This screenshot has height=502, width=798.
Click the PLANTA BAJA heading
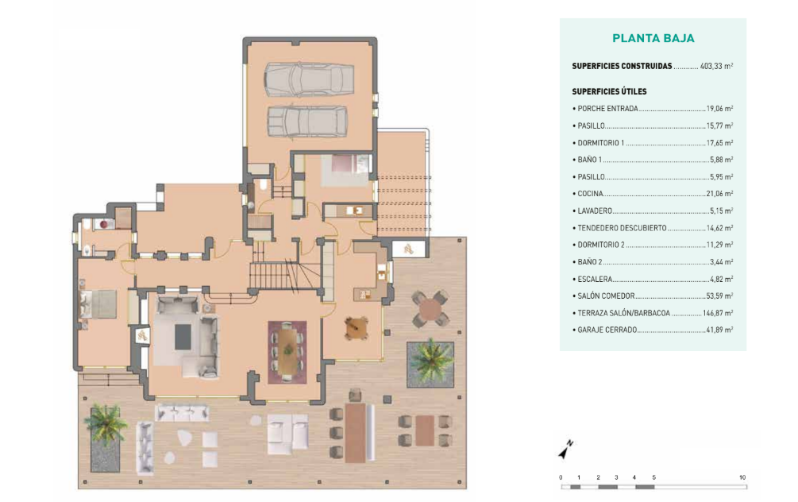click(x=653, y=38)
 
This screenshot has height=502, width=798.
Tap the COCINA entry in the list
click(x=590, y=194)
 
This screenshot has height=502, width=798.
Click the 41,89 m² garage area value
click(x=719, y=330)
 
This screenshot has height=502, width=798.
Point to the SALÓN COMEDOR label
click(x=606, y=295)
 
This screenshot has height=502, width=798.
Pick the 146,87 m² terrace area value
click(x=718, y=313)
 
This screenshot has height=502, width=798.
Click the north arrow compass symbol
click(x=565, y=450)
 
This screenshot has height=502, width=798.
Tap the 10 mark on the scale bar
click(x=742, y=477)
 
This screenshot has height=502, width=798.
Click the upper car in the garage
click(x=309, y=79)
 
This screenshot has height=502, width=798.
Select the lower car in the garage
click(x=307, y=122)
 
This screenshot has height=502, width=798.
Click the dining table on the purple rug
click(x=287, y=351)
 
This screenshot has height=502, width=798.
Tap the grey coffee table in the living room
click(x=183, y=337)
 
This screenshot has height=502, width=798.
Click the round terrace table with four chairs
click(x=430, y=309)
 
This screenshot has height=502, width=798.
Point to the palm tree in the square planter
click(x=430, y=362)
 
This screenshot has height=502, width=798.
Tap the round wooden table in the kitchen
click(x=357, y=328)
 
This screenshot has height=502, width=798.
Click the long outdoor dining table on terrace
click(x=355, y=433)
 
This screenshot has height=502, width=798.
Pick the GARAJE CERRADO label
click(x=607, y=330)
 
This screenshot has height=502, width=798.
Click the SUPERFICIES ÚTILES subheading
click(x=609, y=91)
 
